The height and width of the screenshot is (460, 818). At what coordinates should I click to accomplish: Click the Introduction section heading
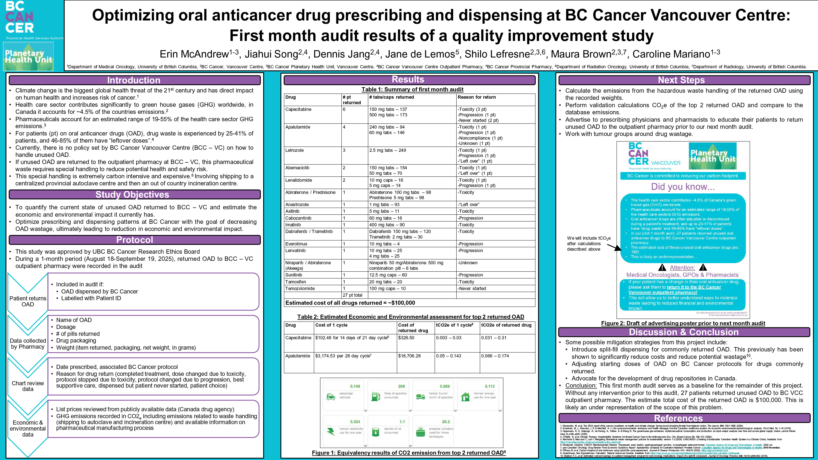point(134,80)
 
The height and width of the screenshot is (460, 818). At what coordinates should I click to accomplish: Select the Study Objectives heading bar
point(132,194)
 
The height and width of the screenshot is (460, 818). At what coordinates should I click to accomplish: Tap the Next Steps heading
point(681,80)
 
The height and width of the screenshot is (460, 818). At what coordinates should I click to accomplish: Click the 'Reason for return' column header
point(476,97)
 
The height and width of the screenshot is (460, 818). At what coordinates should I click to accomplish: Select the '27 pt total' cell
point(352,295)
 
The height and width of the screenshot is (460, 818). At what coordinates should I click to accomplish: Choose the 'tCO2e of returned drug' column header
point(506,325)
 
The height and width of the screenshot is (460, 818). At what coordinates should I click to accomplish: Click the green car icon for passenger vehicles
point(331,397)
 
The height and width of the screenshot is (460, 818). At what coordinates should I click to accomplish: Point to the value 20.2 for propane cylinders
point(446,422)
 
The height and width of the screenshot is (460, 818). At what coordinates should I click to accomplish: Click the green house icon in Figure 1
point(465,397)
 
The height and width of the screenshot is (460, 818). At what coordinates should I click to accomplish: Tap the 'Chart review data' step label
point(28,386)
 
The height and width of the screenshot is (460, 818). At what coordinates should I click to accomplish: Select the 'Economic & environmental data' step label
point(28,428)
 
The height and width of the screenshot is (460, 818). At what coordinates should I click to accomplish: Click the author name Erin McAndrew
point(194,54)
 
